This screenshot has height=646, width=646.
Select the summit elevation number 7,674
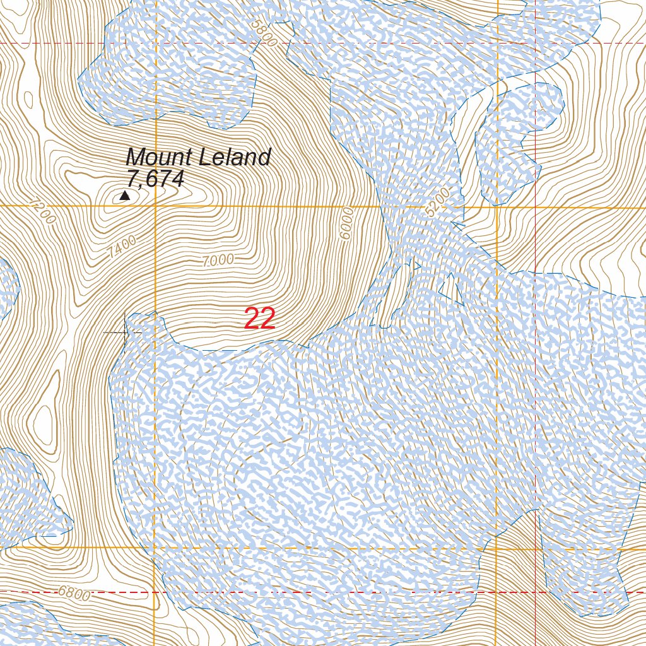(x=155, y=179)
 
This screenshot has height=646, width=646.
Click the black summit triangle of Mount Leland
(x=125, y=196)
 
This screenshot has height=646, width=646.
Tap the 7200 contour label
(x=43, y=213)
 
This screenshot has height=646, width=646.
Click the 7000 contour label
(x=218, y=259)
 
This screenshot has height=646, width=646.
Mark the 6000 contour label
(x=346, y=223)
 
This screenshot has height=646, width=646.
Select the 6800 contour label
(x=74, y=593)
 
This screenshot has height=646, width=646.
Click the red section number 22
(x=259, y=319)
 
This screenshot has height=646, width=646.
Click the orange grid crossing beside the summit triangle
(x=155, y=206)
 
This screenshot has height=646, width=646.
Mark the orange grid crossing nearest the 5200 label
(x=497, y=206)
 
